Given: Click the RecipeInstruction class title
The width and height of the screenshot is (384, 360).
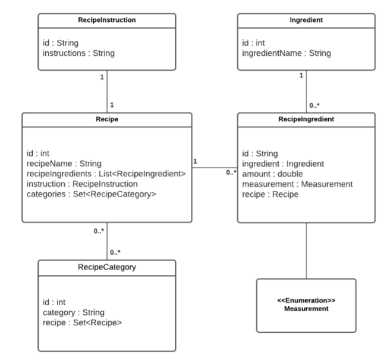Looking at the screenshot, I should click(106, 20).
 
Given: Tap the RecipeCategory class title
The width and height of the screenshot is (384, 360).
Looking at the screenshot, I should click(106, 267).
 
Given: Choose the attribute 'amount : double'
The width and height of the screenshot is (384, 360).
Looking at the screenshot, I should click(273, 173).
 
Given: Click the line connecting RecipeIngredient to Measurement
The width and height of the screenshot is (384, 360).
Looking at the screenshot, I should click(306, 250).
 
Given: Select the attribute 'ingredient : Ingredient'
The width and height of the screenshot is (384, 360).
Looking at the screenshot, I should click(283, 164).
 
